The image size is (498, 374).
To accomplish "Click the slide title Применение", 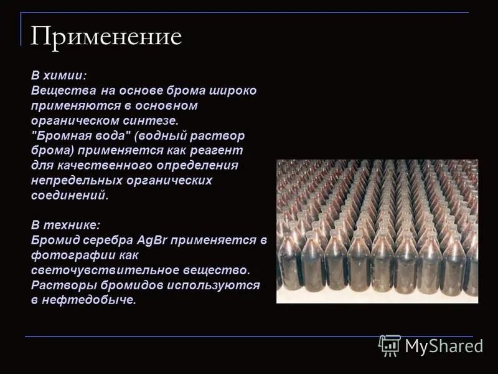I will pyautogui.click(x=106, y=37).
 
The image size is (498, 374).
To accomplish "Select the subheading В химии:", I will pyautogui.click(x=59, y=75).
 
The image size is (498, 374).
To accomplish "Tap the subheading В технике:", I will pyautogui.click(x=65, y=224).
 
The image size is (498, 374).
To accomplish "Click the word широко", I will pyautogui.click(x=234, y=90).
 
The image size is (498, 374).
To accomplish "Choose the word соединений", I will pyautogui.click(x=70, y=195).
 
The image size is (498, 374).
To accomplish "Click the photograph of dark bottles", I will pyautogui.click(x=377, y=231).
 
